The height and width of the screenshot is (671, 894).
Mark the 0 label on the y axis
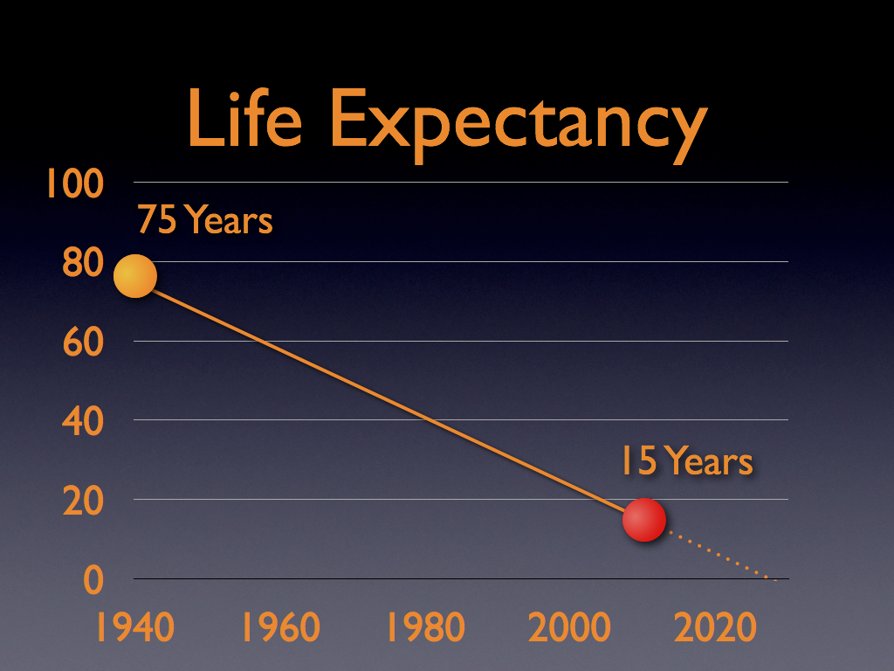coord(93,580)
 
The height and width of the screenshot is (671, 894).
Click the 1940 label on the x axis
coord(134,626)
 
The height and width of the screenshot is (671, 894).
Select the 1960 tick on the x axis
coord(279,626)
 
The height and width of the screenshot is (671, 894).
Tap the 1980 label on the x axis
coord(426,626)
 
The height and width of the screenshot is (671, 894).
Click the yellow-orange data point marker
coord(135,276)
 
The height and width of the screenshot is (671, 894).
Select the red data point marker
coord(644,520)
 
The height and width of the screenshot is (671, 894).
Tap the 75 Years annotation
coord(205,220)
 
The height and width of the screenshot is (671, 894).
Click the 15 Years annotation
coord(686,461)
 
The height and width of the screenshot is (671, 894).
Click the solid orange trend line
coord(389,398)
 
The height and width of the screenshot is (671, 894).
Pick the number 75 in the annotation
coord(157,220)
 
